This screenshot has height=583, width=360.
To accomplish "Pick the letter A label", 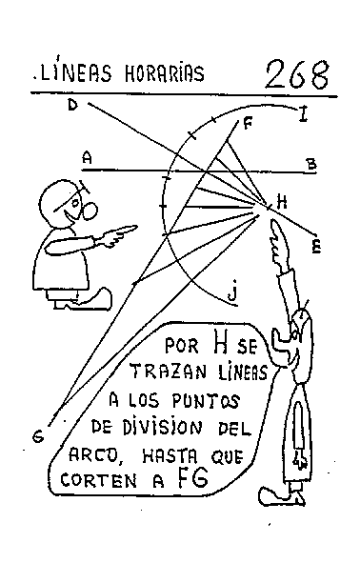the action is [x=87, y=155].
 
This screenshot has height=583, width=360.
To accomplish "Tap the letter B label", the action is [x=310, y=165].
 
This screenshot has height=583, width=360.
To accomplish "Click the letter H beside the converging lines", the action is [x=281, y=201].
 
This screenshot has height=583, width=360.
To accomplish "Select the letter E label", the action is [x=316, y=247].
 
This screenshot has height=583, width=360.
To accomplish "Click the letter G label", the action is [x=37, y=436].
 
